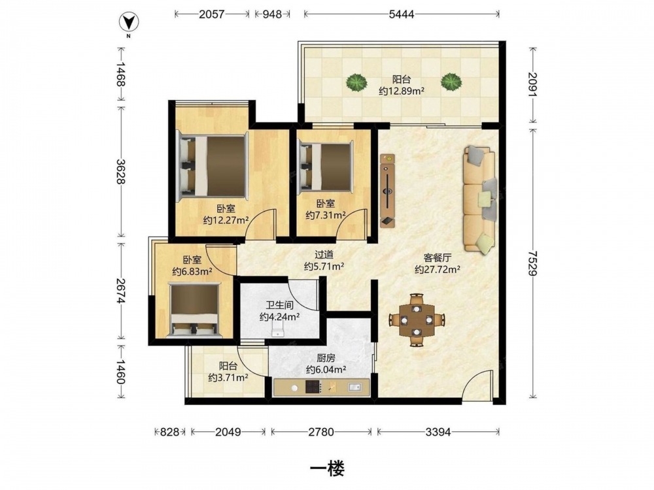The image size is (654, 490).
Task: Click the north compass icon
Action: (129, 23)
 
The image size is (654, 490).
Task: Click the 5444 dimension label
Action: (402, 14)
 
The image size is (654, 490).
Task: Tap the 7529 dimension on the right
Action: (532, 262)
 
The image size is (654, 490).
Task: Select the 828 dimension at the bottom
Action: (170, 432)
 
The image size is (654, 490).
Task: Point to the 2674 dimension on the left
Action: (122, 291)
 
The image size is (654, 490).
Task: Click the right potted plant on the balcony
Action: (451, 82)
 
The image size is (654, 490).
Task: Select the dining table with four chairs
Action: (417, 320)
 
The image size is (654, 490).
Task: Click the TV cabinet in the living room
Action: (387, 191)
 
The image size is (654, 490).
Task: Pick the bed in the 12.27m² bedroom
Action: (213, 166)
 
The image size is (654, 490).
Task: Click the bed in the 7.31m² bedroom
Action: (326, 166)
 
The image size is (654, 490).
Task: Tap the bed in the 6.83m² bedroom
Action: (195, 310)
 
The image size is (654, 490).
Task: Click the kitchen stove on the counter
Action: (314, 387)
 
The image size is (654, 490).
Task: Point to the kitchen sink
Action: (354, 387)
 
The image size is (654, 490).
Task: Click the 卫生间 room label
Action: (280, 305)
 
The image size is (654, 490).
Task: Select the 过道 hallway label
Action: (324, 254)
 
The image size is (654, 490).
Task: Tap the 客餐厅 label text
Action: (438, 257)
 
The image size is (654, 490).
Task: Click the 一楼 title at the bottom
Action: (328, 470)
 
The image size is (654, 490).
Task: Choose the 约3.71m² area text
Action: (228, 378)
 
